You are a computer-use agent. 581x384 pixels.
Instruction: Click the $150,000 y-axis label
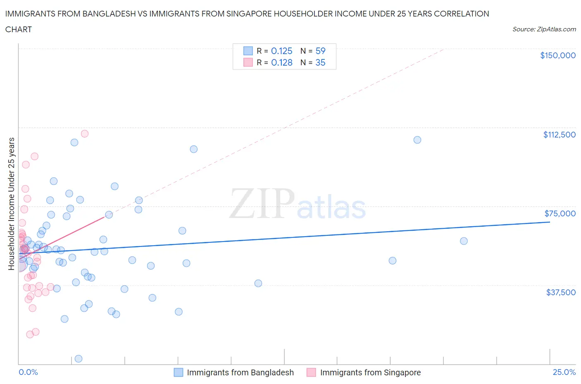click(x=557, y=55)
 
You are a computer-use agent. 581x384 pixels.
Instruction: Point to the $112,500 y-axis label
click(x=559, y=135)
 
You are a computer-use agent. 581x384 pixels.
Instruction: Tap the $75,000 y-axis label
click(x=560, y=213)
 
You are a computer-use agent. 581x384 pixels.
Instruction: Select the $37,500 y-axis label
click(x=560, y=292)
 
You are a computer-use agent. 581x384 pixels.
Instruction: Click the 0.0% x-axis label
click(x=28, y=372)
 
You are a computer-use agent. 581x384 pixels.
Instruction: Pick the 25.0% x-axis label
click(x=564, y=372)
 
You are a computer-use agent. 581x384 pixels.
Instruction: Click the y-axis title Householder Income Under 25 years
click(x=11, y=204)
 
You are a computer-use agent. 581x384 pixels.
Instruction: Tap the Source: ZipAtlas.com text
click(x=544, y=29)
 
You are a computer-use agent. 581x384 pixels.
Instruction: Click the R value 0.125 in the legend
click(x=281, y=51)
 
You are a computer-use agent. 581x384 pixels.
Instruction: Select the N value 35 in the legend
click(x=320, y=62)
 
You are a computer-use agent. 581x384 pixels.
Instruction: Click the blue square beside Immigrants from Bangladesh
click(x=178, y=372)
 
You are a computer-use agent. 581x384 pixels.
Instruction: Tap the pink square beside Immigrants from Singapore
click(x=311, y=372)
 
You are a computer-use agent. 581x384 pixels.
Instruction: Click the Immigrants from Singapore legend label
click(x=370, y=372)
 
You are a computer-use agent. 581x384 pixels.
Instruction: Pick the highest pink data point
click(x=85, y=133)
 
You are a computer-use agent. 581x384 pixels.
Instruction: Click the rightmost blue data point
click(x=464, y=241)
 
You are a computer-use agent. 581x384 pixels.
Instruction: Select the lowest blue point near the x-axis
click(x=79, y=358)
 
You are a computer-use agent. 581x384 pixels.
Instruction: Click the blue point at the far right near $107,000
click(x=417, y=140)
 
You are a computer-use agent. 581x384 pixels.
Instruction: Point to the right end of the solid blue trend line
click(x=550, y=222)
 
